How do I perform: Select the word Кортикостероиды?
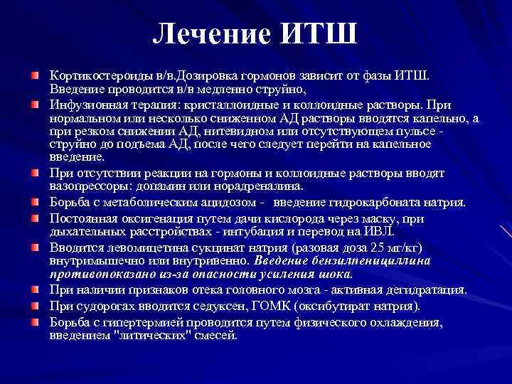point(92,75)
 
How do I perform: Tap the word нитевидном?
point(239,132)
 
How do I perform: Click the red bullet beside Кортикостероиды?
point(35,75)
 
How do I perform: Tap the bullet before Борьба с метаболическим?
point(35,203)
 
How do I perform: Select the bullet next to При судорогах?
point(35,306)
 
